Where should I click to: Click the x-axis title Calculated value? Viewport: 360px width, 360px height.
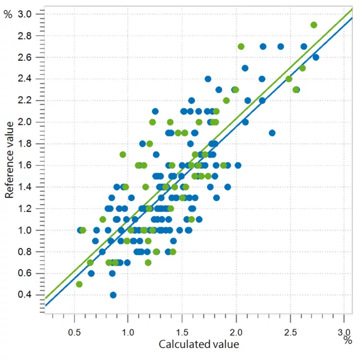pos(199,344)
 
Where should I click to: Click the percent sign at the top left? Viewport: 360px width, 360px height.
pos(8,14)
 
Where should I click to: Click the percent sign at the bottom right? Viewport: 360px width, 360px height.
pos(348,340)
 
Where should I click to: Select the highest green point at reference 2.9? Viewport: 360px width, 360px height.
pos(314,25)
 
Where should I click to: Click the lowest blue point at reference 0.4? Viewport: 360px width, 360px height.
pos(113,295)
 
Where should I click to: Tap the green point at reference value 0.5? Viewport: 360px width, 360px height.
pos(79,284)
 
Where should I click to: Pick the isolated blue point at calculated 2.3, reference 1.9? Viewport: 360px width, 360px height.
pos(272,133)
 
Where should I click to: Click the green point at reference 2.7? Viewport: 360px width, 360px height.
pos(241,47)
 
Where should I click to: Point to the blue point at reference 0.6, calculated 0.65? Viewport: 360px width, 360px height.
pos(91,273)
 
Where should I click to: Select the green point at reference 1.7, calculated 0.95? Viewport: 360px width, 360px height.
pos(123,155)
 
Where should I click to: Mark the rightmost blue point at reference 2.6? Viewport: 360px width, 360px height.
pos(316,57)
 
